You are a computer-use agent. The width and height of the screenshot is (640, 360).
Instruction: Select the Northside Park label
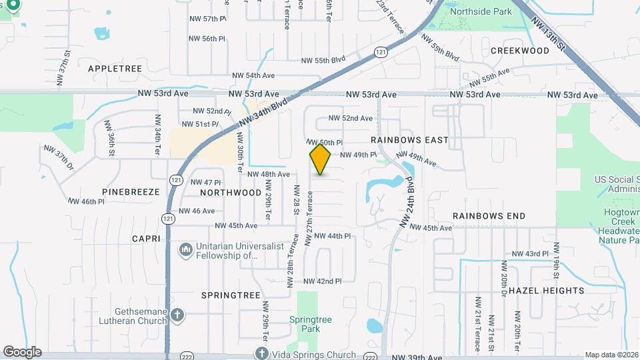click(480, 11)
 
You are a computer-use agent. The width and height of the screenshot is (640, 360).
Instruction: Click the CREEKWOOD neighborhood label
click(519, 51)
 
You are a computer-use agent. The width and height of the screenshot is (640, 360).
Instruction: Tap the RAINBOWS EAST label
click(409, 140)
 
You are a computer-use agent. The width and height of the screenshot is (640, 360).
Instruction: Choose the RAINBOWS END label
click(489, 216)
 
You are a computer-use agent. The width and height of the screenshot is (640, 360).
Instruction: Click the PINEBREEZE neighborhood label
click(131, 191)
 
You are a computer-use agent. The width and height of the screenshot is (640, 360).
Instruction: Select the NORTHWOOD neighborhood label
click(231, 192)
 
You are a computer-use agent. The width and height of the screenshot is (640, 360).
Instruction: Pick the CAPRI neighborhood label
click(146, 238)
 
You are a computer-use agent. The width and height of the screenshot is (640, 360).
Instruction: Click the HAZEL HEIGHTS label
click(546, 291)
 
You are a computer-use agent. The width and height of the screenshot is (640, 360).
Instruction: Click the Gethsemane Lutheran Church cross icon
click(177, 315)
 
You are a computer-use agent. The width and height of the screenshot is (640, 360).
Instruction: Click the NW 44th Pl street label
click(332, 236)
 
